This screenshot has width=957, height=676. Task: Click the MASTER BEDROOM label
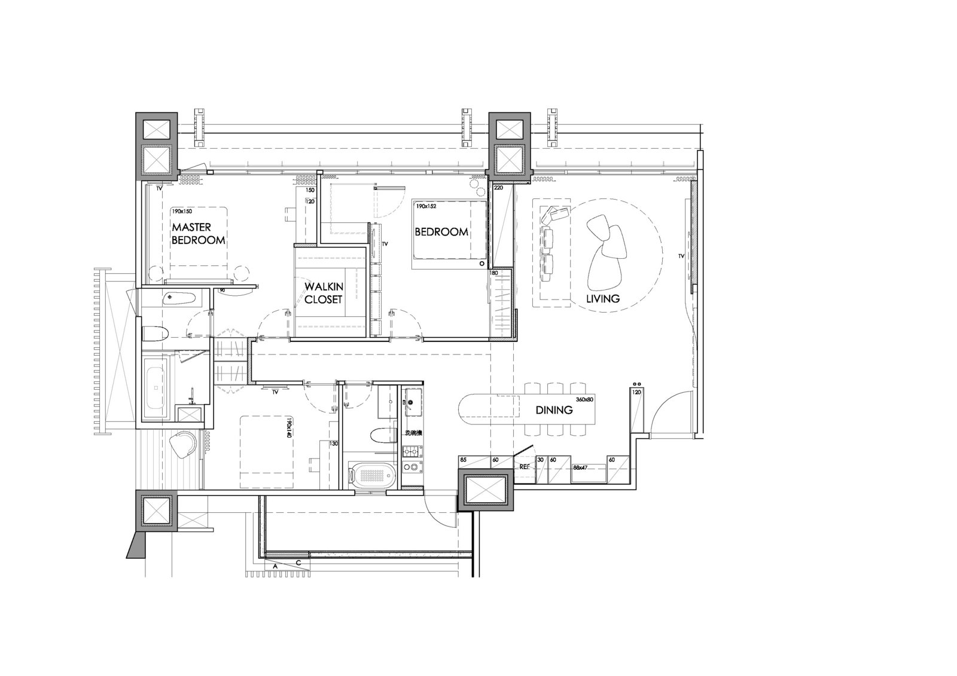pyautogui.click(x=198, y=234)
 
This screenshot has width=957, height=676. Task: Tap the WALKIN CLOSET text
pyautogui.click(x=323, y=293)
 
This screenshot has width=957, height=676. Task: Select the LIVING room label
pyautogui.click(x=603, y=298)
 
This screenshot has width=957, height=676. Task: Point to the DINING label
pyautogui.click(x=554, y=410)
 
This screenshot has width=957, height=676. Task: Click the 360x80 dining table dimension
pyautogui.click(x=584, y=399)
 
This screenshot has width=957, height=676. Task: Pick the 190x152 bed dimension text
pyautogui.click(x=426, y=206)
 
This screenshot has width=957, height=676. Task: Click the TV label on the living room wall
pyautogui.click(x=681, y=256)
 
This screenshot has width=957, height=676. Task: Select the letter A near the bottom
pyautogui.click(x=275, y=565)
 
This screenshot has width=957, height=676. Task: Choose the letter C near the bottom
pyautogui.click(x=297, y=563)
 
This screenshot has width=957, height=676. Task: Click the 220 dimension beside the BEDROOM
pyautogui.click(x=498, y=188)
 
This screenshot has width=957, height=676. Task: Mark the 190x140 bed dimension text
pyautogui.click(x=288, y=429)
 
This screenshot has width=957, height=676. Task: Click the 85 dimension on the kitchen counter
pyautogui.click(x=463, y=460)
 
